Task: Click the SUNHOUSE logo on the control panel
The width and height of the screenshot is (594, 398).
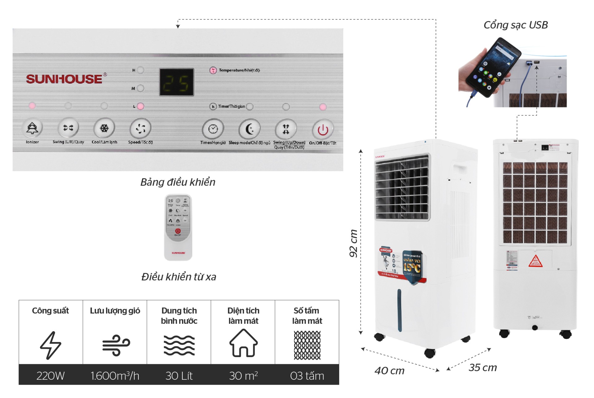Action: pos(64,79)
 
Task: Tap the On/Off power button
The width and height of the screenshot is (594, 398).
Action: pos(323,130)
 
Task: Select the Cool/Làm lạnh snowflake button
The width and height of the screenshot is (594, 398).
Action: pos(104,128)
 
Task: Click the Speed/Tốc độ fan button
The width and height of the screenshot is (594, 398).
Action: pos(141,128)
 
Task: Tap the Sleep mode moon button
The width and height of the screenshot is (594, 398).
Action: pos(249,129)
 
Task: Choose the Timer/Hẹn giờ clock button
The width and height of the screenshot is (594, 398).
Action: pos(213,129)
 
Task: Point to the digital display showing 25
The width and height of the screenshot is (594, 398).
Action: pos(176,82)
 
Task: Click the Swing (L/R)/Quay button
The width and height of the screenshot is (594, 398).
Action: pos(68,128)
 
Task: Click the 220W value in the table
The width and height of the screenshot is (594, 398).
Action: pos(50,376)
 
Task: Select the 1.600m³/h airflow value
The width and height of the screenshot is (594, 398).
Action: pos(115,376)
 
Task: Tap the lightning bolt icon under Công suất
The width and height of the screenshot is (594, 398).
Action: pos(50,345)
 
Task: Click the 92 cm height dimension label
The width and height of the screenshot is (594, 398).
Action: pos(353,243)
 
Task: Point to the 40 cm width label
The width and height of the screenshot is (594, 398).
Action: pos(389,371)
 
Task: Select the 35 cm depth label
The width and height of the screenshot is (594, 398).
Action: pos(483,368)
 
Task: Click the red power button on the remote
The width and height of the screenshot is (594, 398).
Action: pos(178,231)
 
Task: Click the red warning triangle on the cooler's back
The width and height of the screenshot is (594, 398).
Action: pos(535,261)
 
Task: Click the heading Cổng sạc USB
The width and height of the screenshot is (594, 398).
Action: pos(516,25)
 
